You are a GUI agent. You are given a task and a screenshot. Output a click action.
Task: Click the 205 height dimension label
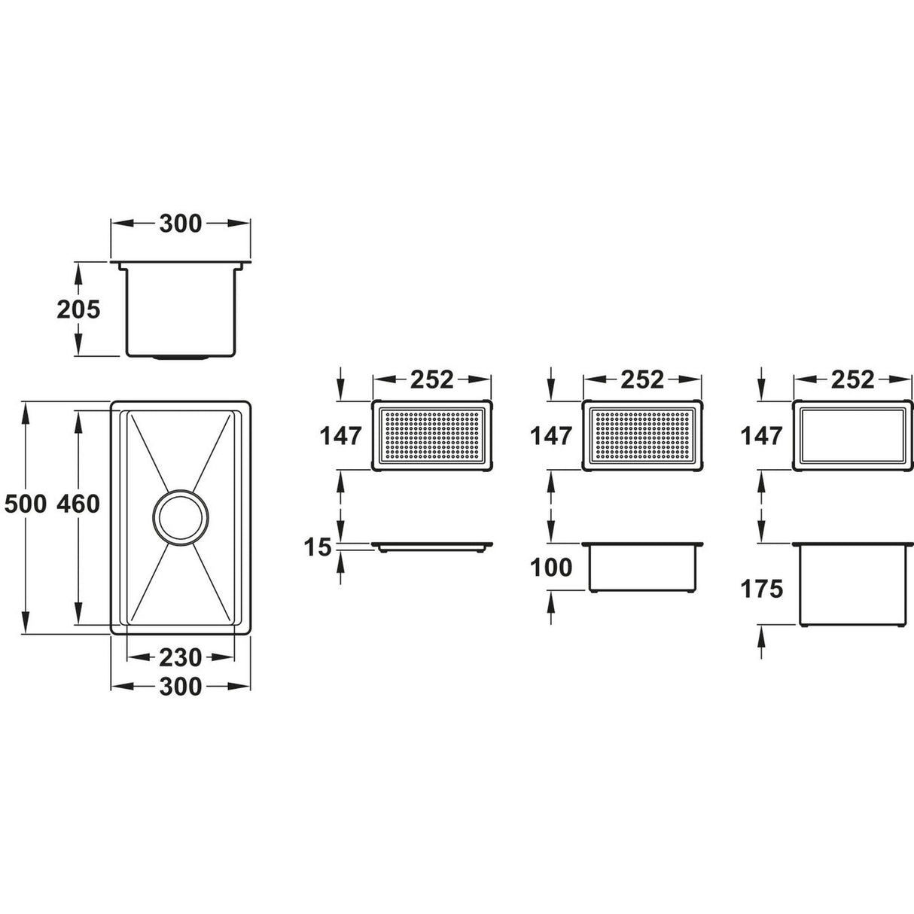pyautogui.click(x=78, y=309)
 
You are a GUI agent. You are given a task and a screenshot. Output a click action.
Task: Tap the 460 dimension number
pyautogui.click(x=78, y=504)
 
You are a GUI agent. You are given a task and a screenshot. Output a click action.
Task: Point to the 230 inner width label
pyautogui.click(x=180, y=657)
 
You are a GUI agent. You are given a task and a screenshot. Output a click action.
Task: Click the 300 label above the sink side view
pyautogui.click(x=180, y=224)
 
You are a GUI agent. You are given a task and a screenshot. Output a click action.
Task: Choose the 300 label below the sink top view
pyautogui.click(x=180, y=686)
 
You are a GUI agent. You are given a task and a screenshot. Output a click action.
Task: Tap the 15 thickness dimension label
pyautogui.click(x=319, y=547)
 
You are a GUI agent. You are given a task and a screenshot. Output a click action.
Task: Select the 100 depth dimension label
pyautogui.click(x=552, y=567)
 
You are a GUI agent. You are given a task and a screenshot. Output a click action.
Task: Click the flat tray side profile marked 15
pyautogui.click(x=433, y=546)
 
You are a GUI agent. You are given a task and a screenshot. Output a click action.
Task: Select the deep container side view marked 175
pyautogui.click(x=852, y=583)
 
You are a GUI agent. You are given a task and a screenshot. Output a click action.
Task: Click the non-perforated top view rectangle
pyautogui.click(x=852, y=436)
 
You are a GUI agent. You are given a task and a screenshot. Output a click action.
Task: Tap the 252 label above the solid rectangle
pyautogui.click(x=852, y=379)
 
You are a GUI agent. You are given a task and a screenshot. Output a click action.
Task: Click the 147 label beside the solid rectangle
pyautogui.click(x=761, y=436)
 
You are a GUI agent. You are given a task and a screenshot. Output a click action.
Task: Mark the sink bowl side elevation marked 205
pyautogui.click(x=181, y=309)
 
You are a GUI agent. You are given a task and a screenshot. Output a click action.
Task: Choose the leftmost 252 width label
pyautogui.click(x=432, y=379)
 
